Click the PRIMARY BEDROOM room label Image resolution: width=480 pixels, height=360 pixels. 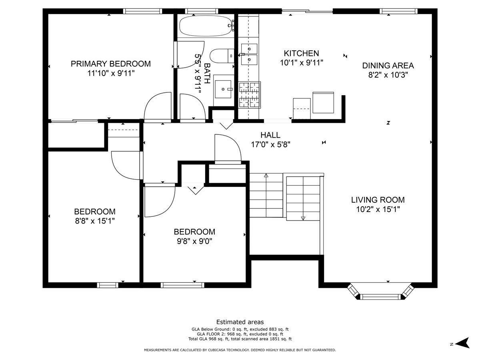[111, 64]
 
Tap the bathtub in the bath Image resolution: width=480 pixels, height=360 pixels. [206, 26]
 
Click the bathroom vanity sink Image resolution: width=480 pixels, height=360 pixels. [223, 89]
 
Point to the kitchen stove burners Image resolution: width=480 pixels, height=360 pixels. [250, 95]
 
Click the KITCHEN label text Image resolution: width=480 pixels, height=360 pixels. [301, 53]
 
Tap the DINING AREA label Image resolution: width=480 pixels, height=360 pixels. [388, 66]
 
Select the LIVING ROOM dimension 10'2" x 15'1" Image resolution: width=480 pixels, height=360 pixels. [378, 209]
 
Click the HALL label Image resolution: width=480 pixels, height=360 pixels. [270, 135]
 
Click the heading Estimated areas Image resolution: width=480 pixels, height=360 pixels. [240, 322]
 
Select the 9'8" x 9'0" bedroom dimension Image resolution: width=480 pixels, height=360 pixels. [194, 241]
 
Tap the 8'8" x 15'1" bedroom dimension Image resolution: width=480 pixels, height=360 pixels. [95, 221]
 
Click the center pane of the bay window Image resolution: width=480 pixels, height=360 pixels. [380, 297]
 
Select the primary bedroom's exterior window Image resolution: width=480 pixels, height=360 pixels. [142, 11]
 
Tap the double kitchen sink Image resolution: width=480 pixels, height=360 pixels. [249, 54]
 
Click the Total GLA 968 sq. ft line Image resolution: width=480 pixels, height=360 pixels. [240, 339]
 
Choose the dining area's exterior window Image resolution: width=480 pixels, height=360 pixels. [398, 11]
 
